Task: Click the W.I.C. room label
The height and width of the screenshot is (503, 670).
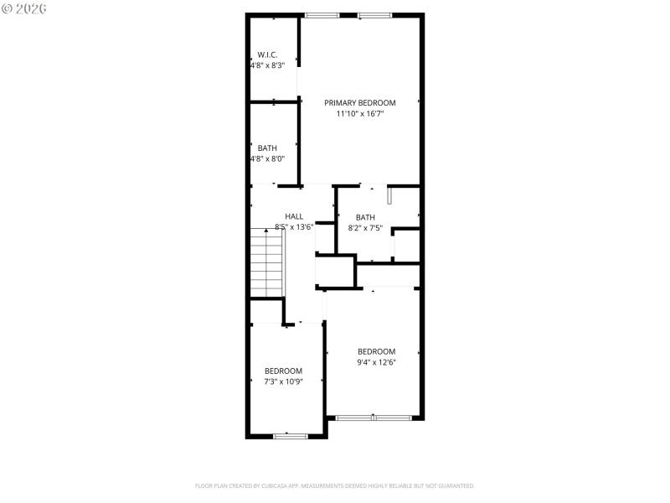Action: point(267,54)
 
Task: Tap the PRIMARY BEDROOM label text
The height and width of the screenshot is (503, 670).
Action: point(360,102)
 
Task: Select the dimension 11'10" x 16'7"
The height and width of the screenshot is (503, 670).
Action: point(360,113)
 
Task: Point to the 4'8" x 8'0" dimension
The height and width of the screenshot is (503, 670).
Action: point(267,158)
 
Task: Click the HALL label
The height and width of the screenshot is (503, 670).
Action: point(294,216)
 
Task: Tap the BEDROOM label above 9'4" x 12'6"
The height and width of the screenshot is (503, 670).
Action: point(376,351)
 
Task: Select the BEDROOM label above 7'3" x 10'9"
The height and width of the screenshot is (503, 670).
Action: point(283,371)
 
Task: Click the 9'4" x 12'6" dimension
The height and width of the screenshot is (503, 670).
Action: point(376,362)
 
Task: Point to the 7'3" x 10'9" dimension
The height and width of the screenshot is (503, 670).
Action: point(283,381)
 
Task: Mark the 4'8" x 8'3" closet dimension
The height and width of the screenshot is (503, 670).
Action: point(267,65)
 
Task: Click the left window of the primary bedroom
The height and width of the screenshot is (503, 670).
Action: point(322,15)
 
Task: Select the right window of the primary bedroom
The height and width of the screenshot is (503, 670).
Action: point(374,15)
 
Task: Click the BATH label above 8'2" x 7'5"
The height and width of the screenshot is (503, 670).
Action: point(365,217)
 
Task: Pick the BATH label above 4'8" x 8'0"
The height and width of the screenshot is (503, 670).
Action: point(267,148)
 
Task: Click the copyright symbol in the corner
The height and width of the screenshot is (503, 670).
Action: point(8,8)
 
